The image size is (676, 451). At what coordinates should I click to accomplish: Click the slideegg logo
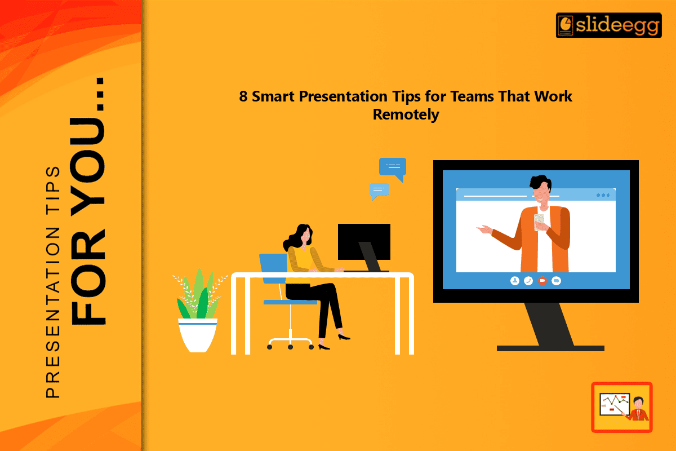pyautogui.click(x=608, y=25)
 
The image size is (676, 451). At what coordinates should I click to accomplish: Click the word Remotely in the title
pyautogui.click(x=406, y=114)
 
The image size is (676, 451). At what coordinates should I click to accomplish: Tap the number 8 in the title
pyautogui.click(x=243, y=96)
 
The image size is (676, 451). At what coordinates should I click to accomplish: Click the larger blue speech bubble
pyautogui.click(x=393, y=168)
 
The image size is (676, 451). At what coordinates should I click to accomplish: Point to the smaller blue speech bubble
pyautogui.click(x=379, y=191)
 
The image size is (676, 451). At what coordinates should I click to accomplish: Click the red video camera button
pyautogui.click(x=542, y=280)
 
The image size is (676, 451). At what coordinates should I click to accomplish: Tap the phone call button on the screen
pyautogui.click(x=528, y=280)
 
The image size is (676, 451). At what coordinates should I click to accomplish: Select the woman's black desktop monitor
pyautogui.click(x=364, y=241)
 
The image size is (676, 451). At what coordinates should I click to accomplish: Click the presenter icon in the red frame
pyautogui.click(x=621, y=407)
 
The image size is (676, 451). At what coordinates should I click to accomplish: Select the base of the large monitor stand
pyautogui.click(x=550, y=348)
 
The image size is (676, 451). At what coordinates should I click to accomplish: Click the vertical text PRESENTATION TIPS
pyautogui.click(x=52, y=282)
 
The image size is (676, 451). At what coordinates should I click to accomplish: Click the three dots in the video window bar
pyautogui.click(x=603, y=196)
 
